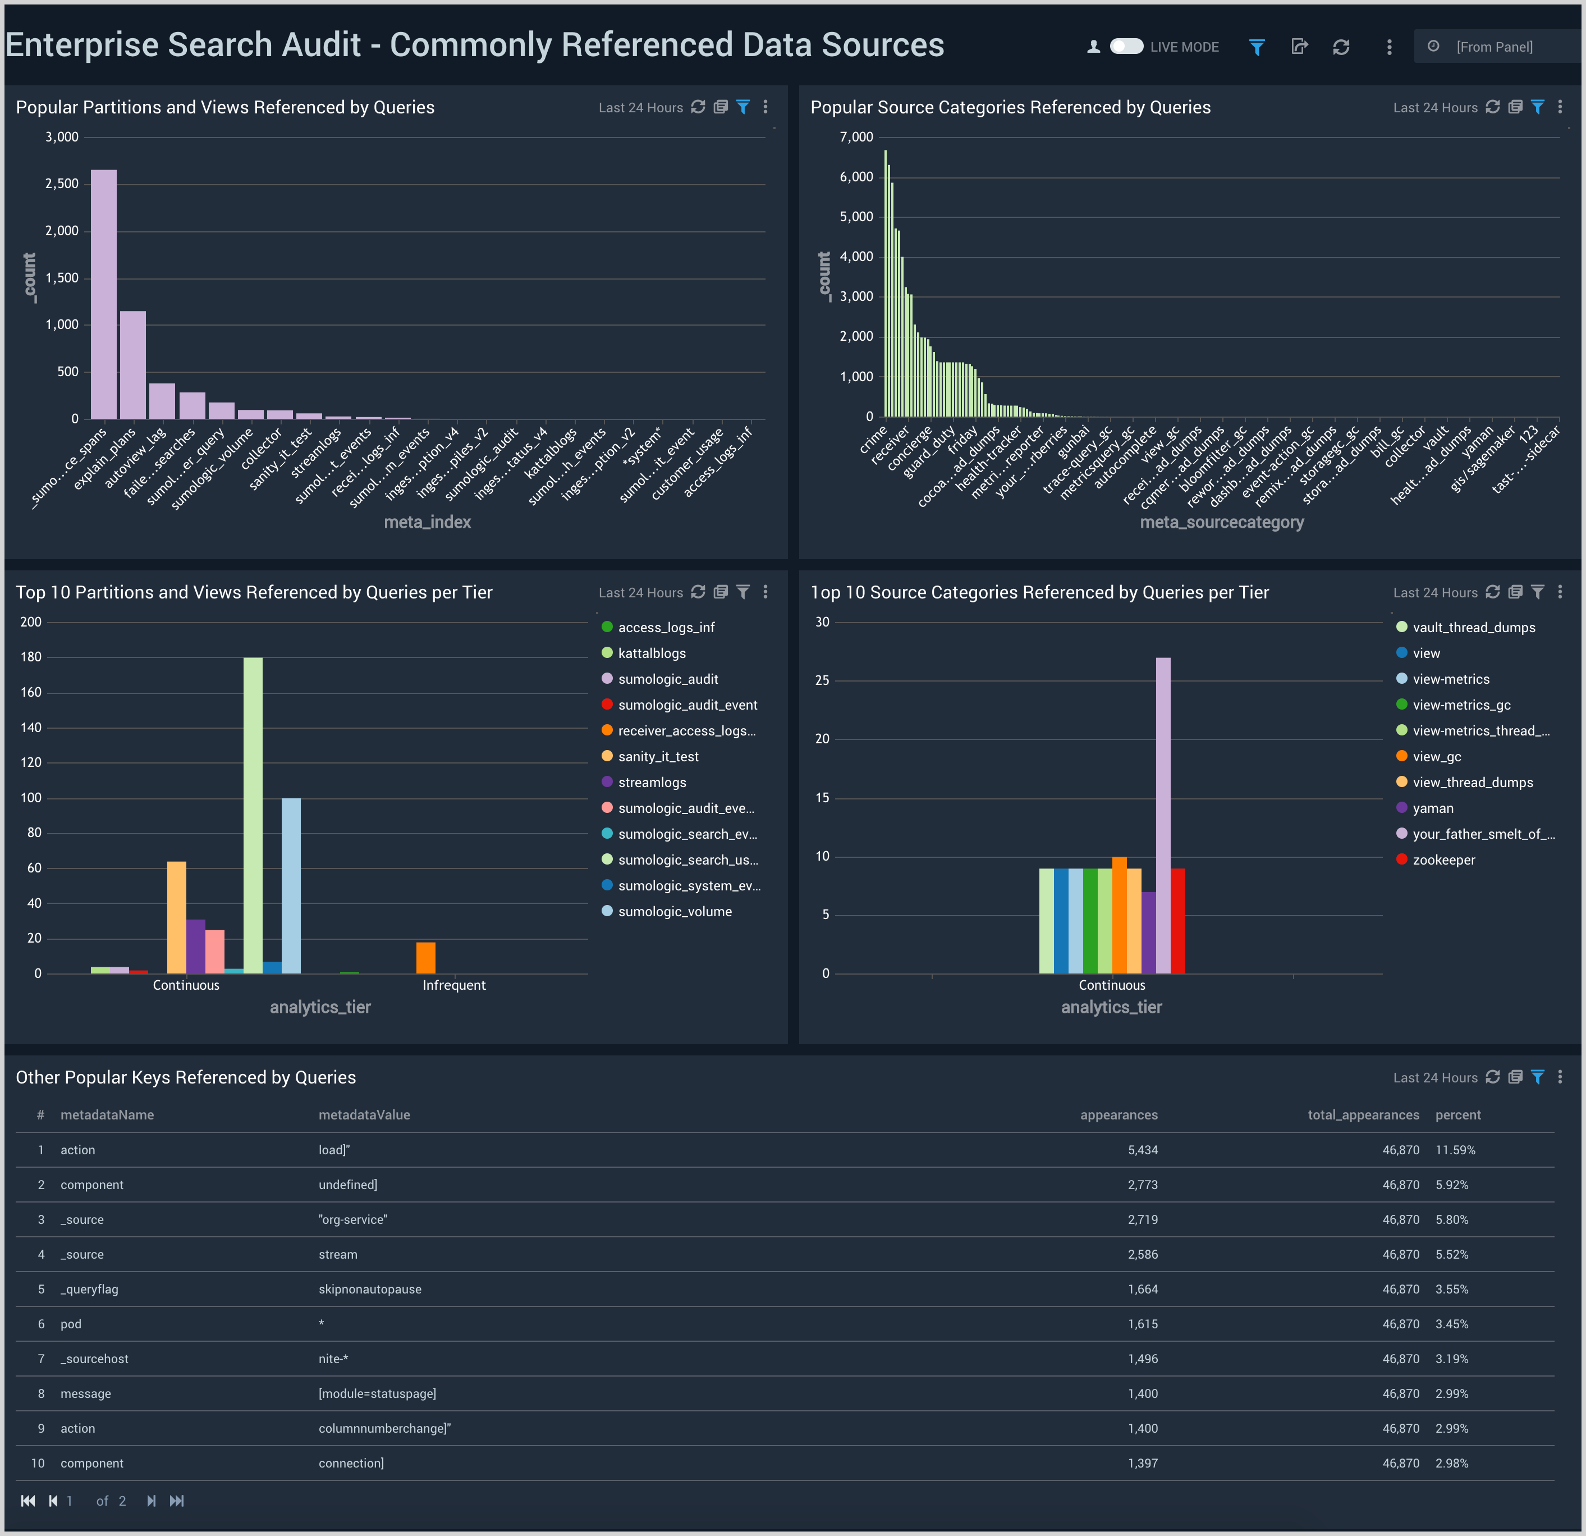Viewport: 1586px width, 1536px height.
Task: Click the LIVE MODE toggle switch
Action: click(1126, 47)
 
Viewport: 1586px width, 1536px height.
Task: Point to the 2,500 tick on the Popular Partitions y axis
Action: click(62, 184)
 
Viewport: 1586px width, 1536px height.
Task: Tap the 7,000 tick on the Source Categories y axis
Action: click(856, 137)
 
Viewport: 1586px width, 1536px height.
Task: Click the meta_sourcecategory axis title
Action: click(1221, 522)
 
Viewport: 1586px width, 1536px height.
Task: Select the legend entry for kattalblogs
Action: click(652, 653)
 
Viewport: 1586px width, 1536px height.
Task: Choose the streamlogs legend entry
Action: click(652, 783)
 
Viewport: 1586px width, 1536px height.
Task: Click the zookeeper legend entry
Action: click(1443, 860)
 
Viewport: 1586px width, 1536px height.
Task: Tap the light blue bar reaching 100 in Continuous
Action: click(291, 885)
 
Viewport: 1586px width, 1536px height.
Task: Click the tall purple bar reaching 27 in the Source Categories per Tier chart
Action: click(1163, 815)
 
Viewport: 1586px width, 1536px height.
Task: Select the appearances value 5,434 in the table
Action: click(1143, 1150)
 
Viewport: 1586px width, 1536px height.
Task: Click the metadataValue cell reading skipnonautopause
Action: click(370, 1289)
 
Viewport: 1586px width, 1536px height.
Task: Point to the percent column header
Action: click(1457, 1115)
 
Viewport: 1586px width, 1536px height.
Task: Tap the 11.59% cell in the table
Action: click(1455, 1150)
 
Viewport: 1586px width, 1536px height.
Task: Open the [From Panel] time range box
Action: click(1494, 47)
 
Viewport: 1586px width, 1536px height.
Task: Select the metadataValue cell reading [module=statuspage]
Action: click(377, 1393)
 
